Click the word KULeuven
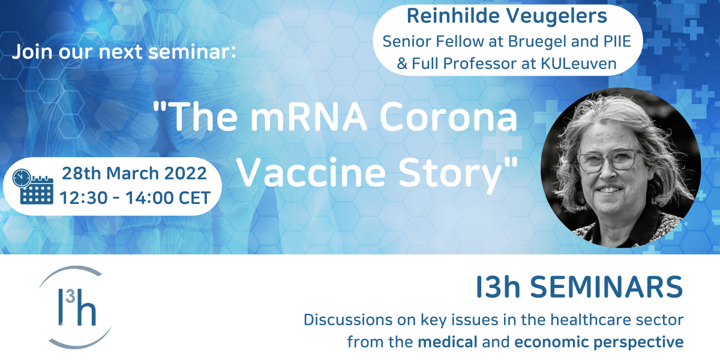(578, 64)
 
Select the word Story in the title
(451, 175)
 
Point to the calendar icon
(37, 190)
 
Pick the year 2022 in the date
(185, 173)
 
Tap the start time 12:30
(83, 197)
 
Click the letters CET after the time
(194, 197)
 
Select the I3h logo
(76, 307)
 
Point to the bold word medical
(448, 341)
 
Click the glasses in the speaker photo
(610, 161)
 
